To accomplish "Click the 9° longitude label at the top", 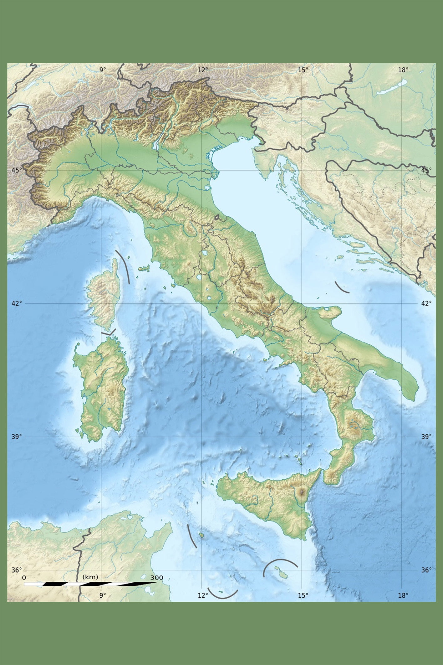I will (103, 70).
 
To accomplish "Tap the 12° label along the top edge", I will (203, 70).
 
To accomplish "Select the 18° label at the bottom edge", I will (403, 595).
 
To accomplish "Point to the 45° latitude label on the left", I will (17, 170).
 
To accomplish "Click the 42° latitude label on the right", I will (426, 303).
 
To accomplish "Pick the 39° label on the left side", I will (17, 436).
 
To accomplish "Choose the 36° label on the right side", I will (426, 570).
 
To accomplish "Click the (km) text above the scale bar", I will (90, 577).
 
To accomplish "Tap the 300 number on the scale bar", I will (156, 578).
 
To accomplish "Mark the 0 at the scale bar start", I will (24, 578).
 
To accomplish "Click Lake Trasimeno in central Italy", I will (205, 253).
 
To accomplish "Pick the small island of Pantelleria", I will (202, 535).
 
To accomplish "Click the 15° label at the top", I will (303, 70).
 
